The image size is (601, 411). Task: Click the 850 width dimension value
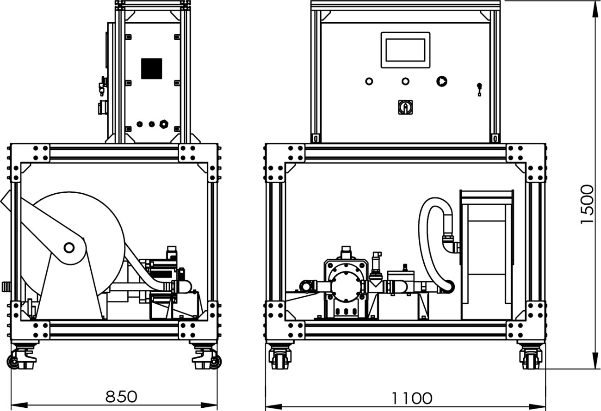click(x=121, y=397)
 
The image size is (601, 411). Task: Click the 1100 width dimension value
click(x=412, y=399)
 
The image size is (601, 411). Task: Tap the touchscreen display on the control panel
click(x=405, y=50)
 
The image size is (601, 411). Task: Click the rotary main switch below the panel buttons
click(x=405, y=107)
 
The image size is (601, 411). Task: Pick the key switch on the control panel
click(x=479, y=89)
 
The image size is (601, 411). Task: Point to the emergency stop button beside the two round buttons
click(x=442, y=81)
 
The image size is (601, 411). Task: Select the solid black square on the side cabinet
click(x=152, y=68)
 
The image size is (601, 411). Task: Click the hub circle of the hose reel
click(x=69, y=247)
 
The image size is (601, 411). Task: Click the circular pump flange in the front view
click(x=346, y=286)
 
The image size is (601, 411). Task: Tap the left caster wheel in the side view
click(x=13, y=362)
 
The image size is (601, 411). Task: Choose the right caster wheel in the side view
click(x=215, y=362)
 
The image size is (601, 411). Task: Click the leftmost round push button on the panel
click(x=369, y=81)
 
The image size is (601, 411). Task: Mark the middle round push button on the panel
click(x=405, y=81)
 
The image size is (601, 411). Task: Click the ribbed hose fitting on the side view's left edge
click(x=6, y=286)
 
